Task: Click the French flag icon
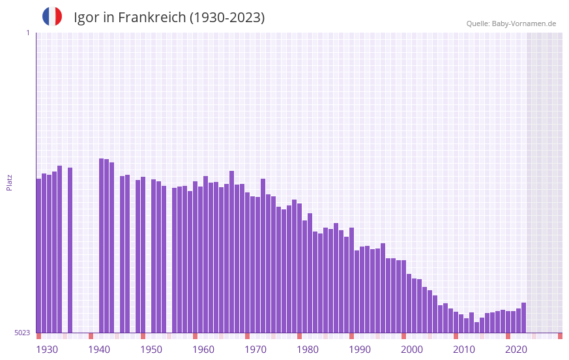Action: click(52, 16)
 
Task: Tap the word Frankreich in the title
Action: click(151, 18)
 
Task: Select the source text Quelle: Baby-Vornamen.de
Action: click(511, 23)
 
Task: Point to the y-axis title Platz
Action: click(9, 182)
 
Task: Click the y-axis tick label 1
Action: click(27, 33)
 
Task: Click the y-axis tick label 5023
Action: click(22, 333)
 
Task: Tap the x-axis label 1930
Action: click(47, 350)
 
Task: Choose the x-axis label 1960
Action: click(203, 350)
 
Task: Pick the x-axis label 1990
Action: click(360, 350)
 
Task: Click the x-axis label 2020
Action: click(516, 350)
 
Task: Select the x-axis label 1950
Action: click(151, 350)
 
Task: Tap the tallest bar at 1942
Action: click(101, 245)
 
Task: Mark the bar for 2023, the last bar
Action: click(523, 318)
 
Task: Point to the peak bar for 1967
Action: click(231, 252)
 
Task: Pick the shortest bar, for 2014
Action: click(476, 327)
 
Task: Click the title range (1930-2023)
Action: click(227, 18)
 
